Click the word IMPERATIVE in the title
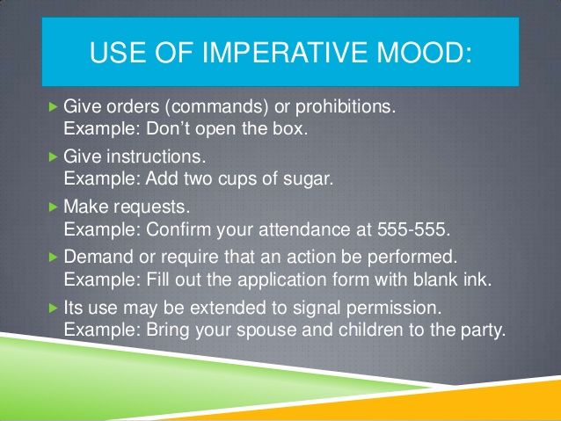pos(284,52)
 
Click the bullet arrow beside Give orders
pos(53,106)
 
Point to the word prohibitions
pos(346,106)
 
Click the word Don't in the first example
pos(168,128)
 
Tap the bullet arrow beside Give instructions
pos(53,156)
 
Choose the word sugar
pos(308,178)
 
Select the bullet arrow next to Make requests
pos(53,207)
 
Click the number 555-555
pos(413,229)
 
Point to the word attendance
pos(304,229)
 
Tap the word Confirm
pos(178,229)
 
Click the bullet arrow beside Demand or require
pos(53,257)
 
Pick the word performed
pos(412,258)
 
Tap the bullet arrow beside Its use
pos(53,308)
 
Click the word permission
pos(394,308)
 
